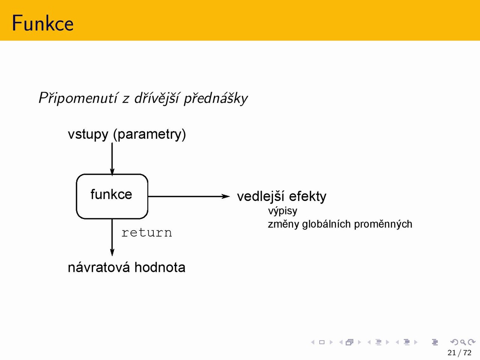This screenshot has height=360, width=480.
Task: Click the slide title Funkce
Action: (x=43, y=23)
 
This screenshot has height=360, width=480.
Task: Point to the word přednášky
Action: (x=216, y=98)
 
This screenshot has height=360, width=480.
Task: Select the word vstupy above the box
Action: (x=88, y=134)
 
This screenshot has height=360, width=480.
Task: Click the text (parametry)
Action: (x=150, y=134)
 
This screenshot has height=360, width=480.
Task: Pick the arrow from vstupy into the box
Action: (x=112, y=159)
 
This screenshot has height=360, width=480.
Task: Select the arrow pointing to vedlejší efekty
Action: (x=189, y=196)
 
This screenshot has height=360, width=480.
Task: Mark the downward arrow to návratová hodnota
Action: (x=112, y=237)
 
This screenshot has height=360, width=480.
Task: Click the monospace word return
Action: (x=147, y=232)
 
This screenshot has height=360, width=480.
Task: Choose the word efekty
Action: (x=307, y=196)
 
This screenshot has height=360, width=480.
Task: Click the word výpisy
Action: (x=282, y=211)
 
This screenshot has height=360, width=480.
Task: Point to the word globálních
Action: (x=326, y=224)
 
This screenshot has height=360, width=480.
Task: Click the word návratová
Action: (x=99, y=267)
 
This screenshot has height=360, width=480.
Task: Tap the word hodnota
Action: (x=160, y=267)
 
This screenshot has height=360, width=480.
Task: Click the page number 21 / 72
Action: (x=459, y=353)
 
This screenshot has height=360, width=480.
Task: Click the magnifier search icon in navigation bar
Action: (x=463, y=342)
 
